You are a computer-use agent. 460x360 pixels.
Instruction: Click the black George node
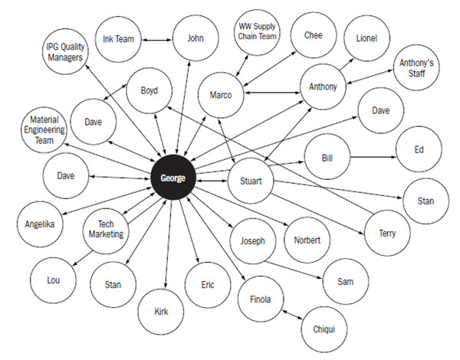173,178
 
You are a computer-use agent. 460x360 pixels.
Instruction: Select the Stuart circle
251,181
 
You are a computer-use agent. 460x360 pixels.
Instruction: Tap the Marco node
221,95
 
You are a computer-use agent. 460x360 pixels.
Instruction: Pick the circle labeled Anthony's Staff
416,67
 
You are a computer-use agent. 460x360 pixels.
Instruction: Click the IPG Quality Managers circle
65,51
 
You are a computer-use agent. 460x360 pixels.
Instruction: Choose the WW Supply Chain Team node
257,31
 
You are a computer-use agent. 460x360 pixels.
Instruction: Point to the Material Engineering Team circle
44,130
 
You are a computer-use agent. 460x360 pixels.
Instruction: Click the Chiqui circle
324,329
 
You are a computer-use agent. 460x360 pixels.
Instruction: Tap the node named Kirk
161,312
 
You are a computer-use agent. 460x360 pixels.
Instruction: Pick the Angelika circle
40,224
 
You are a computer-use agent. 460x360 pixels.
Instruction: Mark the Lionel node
366,38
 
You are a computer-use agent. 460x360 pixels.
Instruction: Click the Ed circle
419,149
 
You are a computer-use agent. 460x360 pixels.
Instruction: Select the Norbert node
307,240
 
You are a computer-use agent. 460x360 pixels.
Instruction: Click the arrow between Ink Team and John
156,40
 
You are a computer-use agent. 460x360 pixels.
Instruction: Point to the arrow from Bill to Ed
373,157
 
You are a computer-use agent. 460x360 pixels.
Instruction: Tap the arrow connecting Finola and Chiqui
292,315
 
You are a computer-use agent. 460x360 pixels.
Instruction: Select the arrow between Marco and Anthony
272,93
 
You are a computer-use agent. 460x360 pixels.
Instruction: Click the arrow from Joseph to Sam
294,270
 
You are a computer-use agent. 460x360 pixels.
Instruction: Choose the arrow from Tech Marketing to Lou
83,259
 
